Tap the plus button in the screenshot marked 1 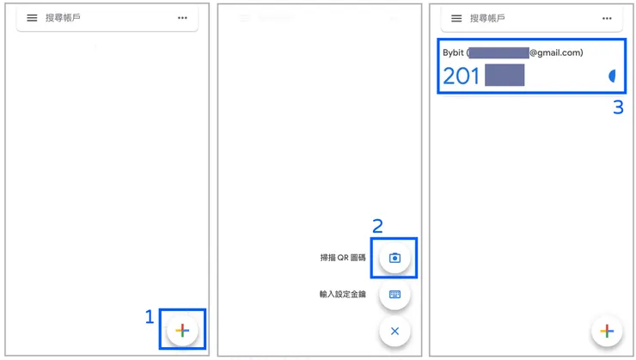pyautogui.click(x=182, y=330)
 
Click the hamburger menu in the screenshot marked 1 pyautogui.click(x=32, y=18)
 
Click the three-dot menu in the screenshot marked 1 pyautogui.click(x=182, y=18)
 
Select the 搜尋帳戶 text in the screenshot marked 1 pyautogui.click(x=63, y=18)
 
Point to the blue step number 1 pyautogui.click(x=149, y=317)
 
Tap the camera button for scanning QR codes pyautogui.click(x=394, y=258)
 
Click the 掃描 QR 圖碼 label pyautogui.click(x=343, y=258)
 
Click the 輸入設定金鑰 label pyautogui.click(x=342, y=294)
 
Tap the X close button pyautogui.click(x=394, y=331)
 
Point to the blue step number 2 pyautogui.click(x=377, y=226)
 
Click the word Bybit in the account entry pyautogui.click(x=453, y=53)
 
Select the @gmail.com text pyautogui.click(x=556, y=53)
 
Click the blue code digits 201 pyautogui.click(x=462, y=76)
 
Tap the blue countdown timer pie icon pyautogui.click(x=613, y=76)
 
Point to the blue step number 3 pyautogui.click(x=617, y=109)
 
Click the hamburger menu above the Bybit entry pyautogui.click(x=456, y=18)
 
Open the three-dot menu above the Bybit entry pyautogui.click(x=608, y=18)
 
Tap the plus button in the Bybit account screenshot pyautogui.click(x=608, y=330)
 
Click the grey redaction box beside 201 pyautogui.click(x=505, y=76)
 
